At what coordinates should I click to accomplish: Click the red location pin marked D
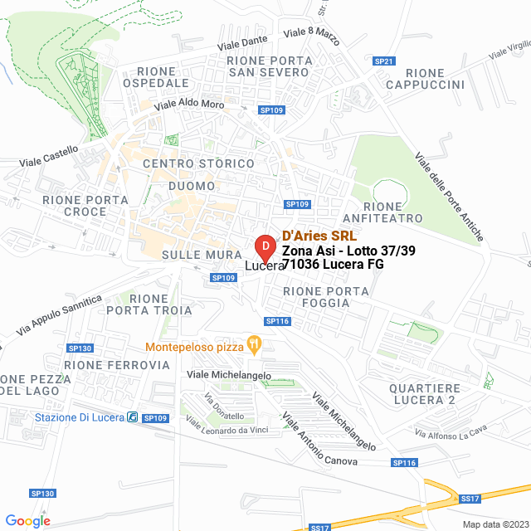264,246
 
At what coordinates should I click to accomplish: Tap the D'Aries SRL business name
319,236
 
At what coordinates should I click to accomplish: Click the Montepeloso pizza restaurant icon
255,343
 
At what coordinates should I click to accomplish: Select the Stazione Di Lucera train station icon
132,417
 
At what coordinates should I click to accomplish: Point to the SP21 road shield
384,61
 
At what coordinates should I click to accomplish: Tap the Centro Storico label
198,163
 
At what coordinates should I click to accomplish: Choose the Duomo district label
192,186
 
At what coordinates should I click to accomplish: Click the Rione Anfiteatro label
395,212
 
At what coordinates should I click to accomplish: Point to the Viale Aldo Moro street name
190,105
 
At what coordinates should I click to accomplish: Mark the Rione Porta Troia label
149,304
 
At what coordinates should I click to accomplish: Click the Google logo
27,520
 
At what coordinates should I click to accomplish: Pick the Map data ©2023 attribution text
494,524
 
